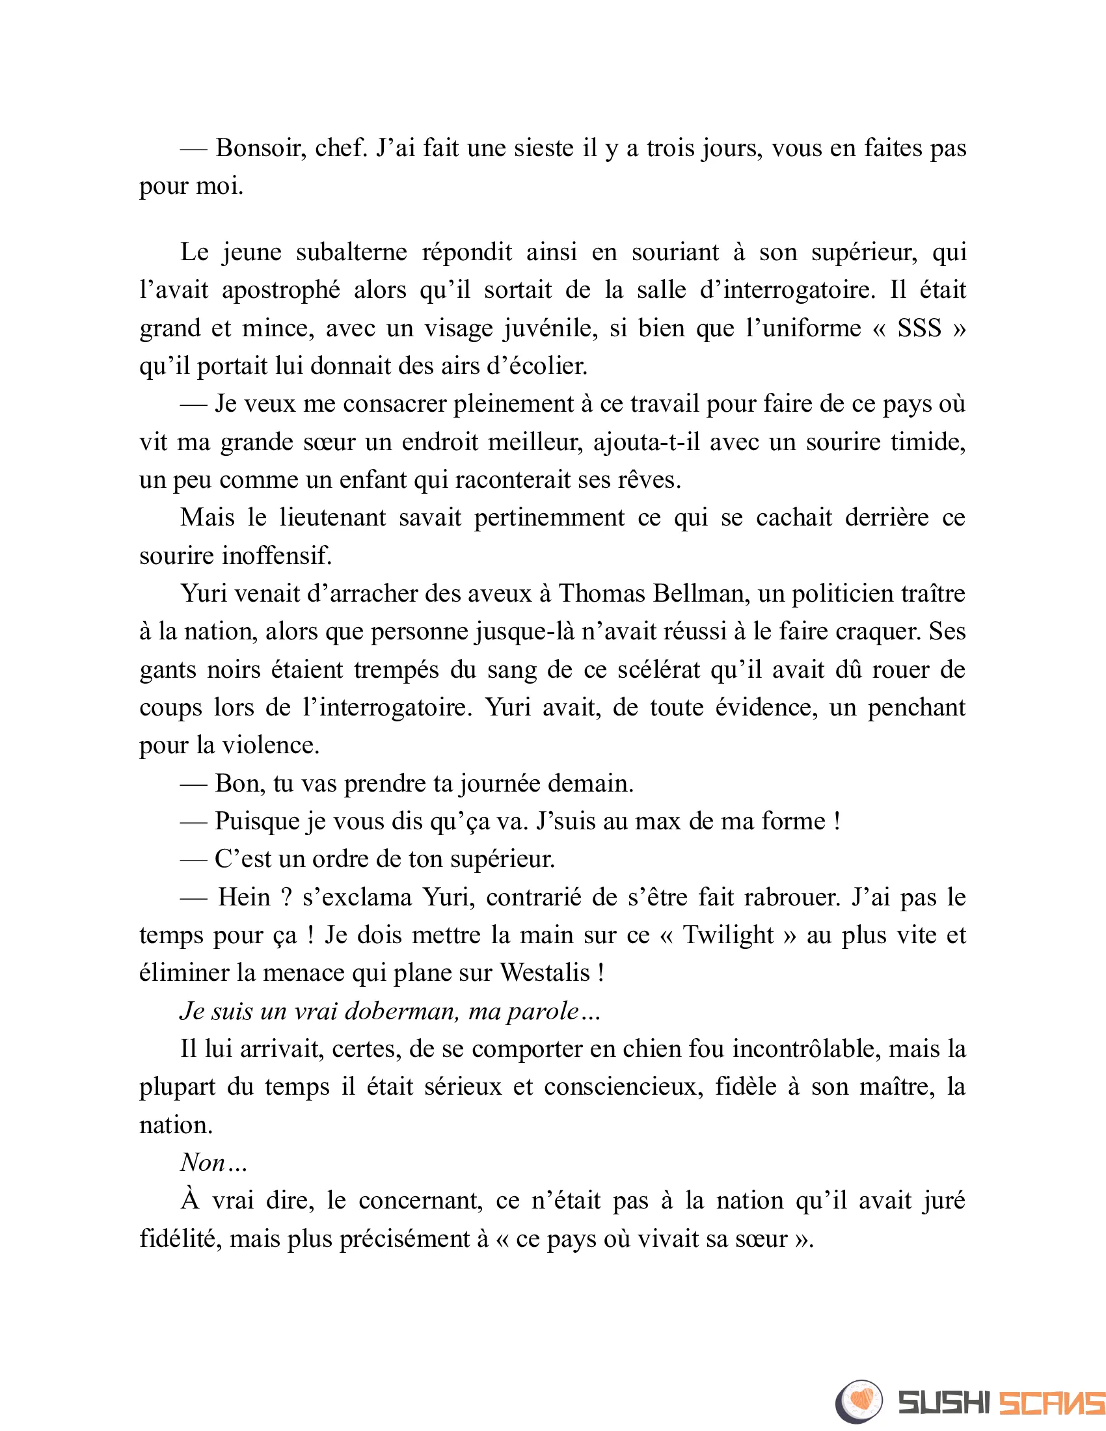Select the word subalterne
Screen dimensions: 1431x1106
[x=351, y=252]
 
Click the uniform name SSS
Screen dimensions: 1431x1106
[x=919, y=328]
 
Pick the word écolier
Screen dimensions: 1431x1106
[x=549, y=366]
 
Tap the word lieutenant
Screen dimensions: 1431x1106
[x=332, y=518]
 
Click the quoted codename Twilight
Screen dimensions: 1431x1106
[x=728, y=935]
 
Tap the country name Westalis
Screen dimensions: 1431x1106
[x=545, y=973]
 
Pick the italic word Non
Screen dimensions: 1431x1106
[x=203, y=1163]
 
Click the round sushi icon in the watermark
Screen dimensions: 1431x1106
[x=858, y=1402]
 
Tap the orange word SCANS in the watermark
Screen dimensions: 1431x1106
[x=1050, y=1403]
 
